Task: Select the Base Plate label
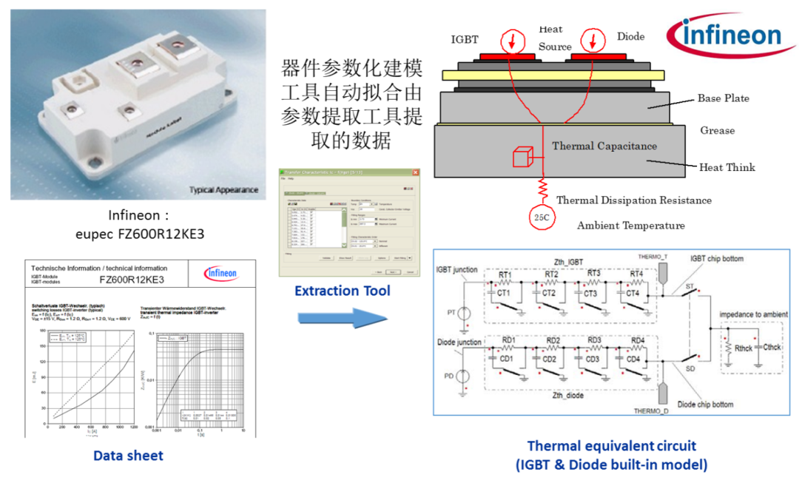tap(723, 98)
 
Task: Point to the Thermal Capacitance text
tap(604, 146)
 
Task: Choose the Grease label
tap(718, 131)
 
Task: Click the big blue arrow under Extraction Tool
tap(343, 318)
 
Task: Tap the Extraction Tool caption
tap(342, 291)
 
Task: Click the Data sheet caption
tap(128, 456)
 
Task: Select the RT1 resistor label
tap(505, 275)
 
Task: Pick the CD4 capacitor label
tap(632, 359)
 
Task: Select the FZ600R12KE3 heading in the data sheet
tap(131, 280)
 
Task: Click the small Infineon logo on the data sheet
tap(220, 274)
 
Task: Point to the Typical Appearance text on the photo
tap(224, 190)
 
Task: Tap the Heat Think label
tap(727, 167)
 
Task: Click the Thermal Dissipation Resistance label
tap(633, 200)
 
